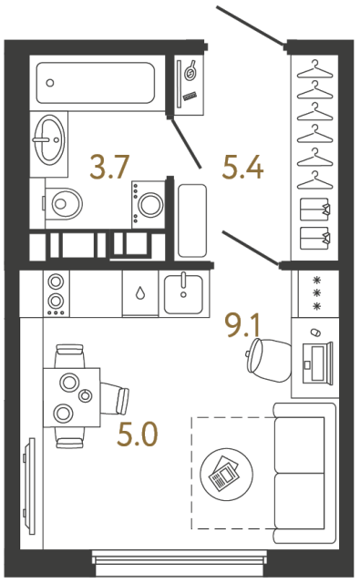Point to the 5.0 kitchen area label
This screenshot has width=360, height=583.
(136, 436)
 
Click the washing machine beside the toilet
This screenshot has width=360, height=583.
(149, 200)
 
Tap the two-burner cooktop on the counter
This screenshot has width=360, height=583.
(57, 292)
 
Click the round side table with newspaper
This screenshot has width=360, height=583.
(223, 473)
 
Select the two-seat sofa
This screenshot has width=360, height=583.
(298, 472)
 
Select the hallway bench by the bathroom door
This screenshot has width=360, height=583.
(192, 220)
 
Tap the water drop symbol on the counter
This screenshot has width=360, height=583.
(140, 293)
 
